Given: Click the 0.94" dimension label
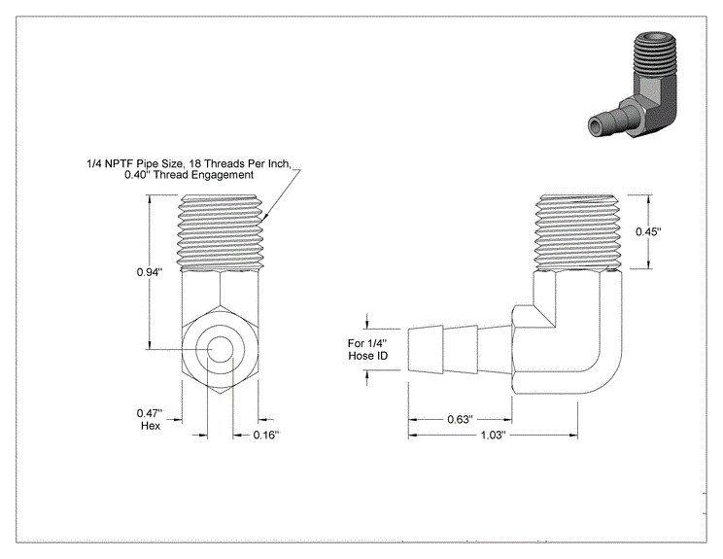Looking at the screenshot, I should point(149,272).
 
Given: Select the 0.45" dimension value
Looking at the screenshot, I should point(647,231).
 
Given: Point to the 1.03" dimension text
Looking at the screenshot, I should point(494,437).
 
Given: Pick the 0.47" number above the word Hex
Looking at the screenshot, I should point(149,413).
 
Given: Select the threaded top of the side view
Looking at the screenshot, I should point(577,234).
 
